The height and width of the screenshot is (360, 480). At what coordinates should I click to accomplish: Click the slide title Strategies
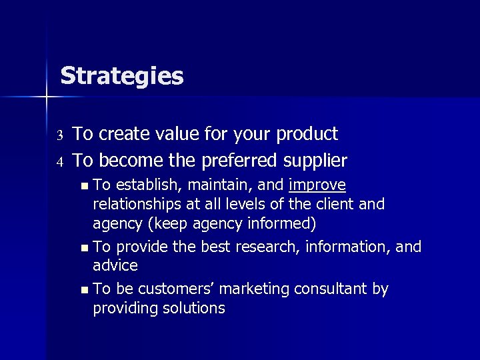(x=121, y=76)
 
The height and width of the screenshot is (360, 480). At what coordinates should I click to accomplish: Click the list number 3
(x=59, y=135)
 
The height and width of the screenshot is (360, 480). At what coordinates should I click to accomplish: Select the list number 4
(x=59, y=162)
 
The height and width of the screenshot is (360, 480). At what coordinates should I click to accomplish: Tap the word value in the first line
(x=175, y=134)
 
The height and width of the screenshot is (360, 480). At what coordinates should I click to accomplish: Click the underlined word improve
(x=318, y=185)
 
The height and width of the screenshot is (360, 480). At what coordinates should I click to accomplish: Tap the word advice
(x=115, y=265)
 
